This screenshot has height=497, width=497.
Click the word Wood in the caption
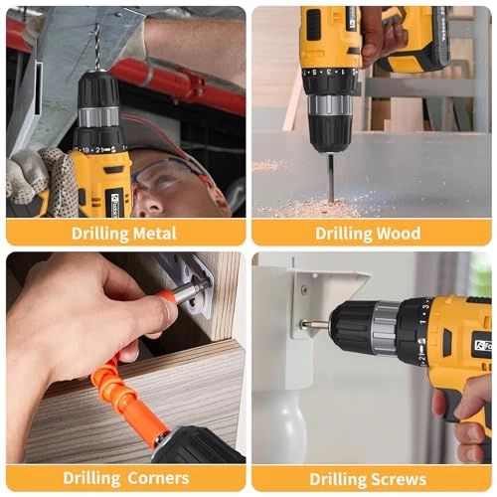click(396, 234)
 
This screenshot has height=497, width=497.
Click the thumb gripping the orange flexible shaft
click(159, 313)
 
